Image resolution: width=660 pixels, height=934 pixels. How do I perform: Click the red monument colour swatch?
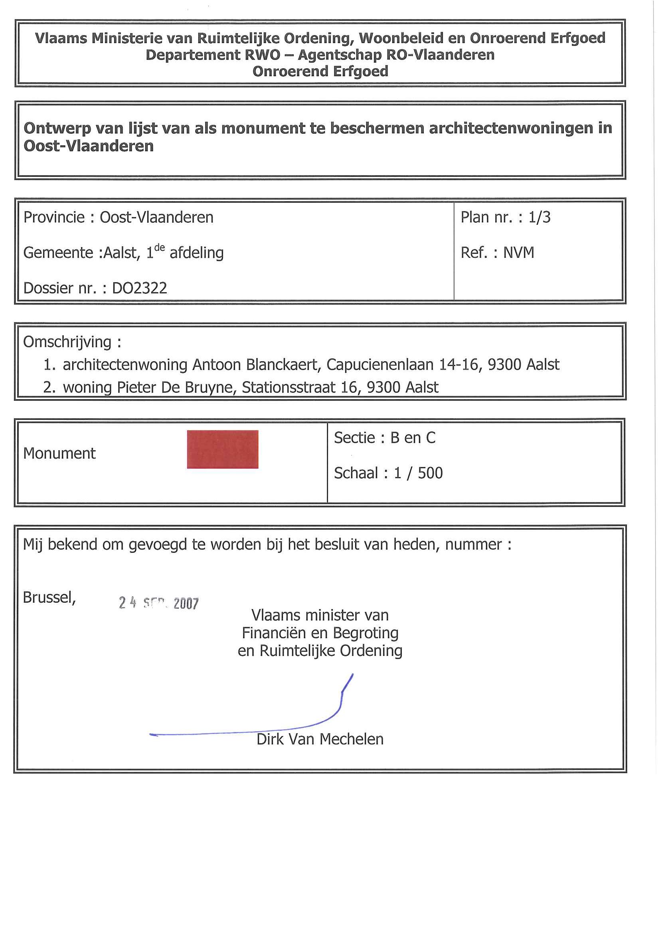tap(222, 449)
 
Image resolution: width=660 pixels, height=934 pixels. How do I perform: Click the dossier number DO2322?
tap(140, 288)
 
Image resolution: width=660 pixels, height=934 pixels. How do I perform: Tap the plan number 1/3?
tap(539, 217)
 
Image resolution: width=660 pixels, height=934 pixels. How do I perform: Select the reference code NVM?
tap(518, 253)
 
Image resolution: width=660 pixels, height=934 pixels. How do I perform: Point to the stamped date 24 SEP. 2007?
tap(158, 603)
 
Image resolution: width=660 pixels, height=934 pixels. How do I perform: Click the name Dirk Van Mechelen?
tap(320, 739)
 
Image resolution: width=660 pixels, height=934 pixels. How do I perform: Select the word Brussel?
tap(49, 598)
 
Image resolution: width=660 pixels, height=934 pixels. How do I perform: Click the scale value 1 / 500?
tap(418, 473)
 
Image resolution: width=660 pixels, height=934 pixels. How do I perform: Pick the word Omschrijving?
tap(67, 342)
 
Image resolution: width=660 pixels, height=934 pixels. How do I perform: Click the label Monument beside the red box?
tap(59, 453)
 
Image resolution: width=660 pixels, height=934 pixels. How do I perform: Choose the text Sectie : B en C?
tap(385, 438)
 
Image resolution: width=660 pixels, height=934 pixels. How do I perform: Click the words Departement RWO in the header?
tap(213, 55)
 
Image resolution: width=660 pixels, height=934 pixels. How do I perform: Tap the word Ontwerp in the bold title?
tap(57, 128)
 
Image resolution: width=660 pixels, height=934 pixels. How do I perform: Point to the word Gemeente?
tap(58, 253)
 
